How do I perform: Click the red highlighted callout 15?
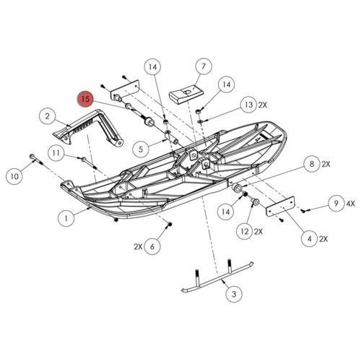pyautogui.click(x=86, y=99)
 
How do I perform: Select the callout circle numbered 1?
pyautogui.click(x=66, y=215)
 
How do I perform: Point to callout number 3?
pyautogui.click(x=232, y=295)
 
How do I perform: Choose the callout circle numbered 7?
pyautogui.click(x=203, y=66)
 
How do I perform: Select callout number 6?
pyautogui.click(x=152, y=246)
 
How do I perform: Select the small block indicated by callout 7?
pyautogui.click(x=183, y=93)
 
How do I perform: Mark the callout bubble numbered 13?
pyautogui.click(x=249, y=105)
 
